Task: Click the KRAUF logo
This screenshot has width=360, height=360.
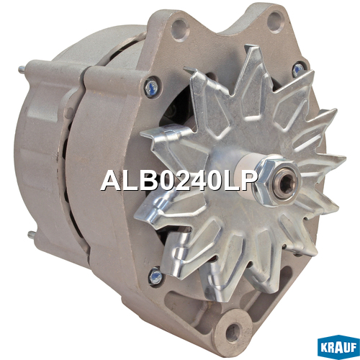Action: coord(338,347)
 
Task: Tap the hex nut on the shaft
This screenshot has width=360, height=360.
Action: coord(276,182)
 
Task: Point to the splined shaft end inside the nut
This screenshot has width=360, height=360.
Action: coord(287,182)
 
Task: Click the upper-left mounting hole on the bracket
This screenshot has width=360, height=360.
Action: coord(179,30)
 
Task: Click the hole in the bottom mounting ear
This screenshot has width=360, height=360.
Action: coord(233,331)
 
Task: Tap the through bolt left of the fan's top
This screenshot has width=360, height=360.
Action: coord(152,87)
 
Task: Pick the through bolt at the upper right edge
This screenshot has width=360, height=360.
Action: coord(298,69)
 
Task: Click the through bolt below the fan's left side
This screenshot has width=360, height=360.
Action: coord(156,276)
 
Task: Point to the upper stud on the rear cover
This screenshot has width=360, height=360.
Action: coord(22,70)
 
